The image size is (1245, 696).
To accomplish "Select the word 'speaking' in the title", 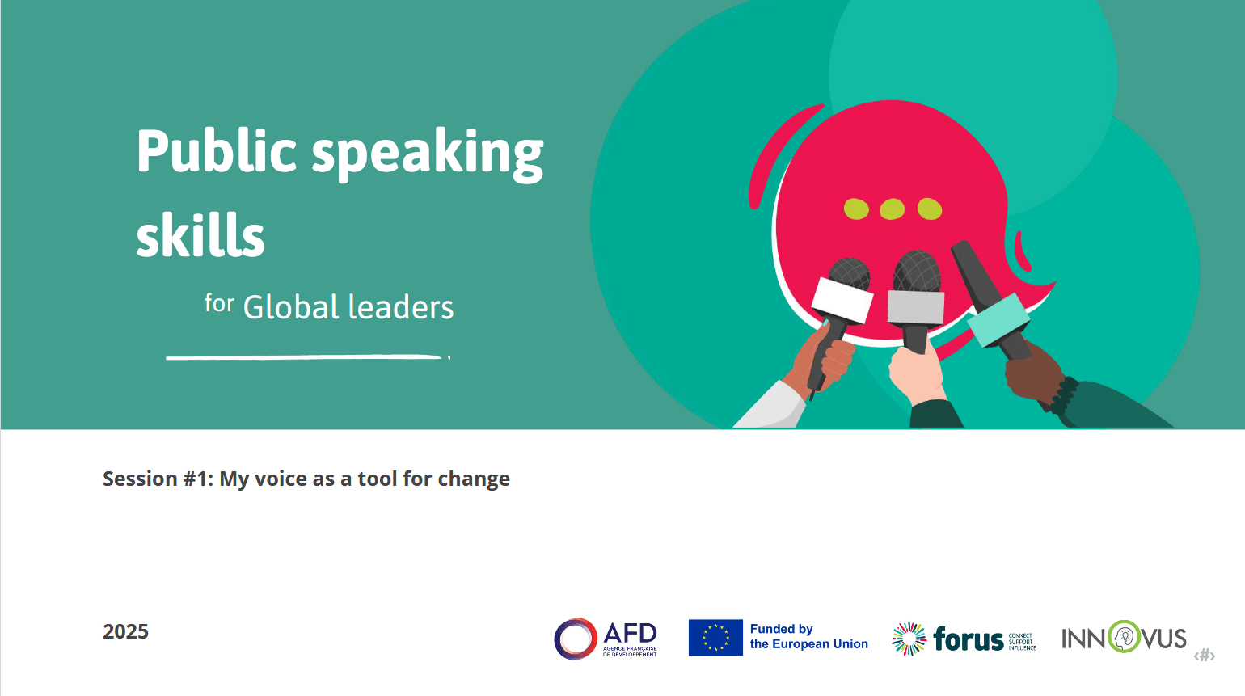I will (428, 154).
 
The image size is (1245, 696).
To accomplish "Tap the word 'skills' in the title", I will (200, 236).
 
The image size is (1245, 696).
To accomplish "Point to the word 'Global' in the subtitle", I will (291, 308).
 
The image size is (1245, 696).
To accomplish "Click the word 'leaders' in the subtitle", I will (401, 308).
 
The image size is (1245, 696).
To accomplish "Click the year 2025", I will (125, 631).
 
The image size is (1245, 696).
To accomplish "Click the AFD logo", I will (606, 639).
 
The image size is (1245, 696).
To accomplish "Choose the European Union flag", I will (715, 637).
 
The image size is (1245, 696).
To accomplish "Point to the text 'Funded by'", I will (781, 629).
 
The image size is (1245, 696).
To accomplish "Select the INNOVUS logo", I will (1124, 638).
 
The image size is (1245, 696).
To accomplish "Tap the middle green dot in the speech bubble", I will (892, 209).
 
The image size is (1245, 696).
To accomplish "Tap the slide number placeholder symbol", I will (1205, 656).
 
